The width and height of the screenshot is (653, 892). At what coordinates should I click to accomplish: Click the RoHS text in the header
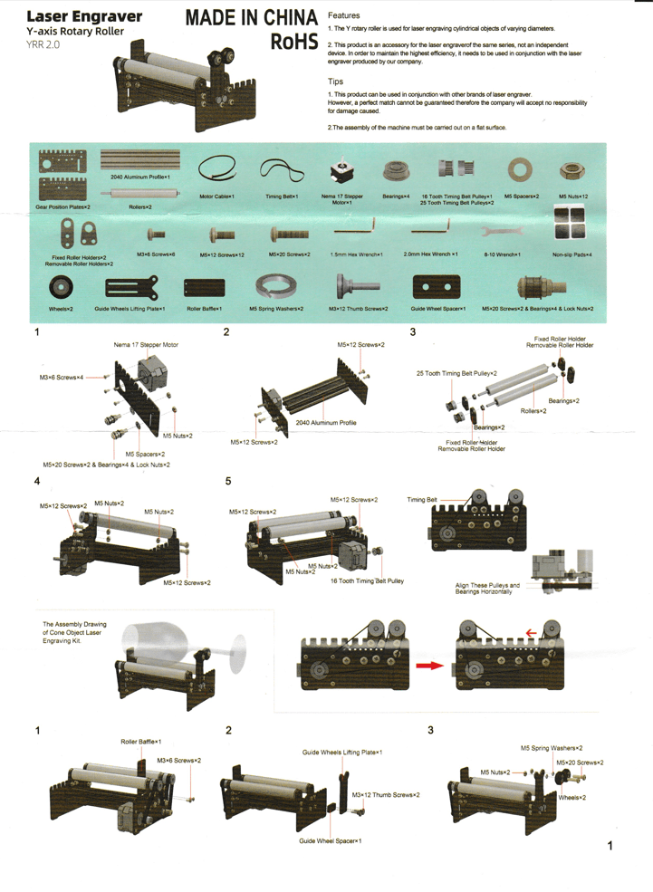click(x=293, y=41)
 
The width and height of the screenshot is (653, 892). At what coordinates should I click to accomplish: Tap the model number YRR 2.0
click(x=43, y=43)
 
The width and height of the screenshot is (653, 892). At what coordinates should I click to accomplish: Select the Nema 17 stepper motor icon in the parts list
click(x=341, y=171)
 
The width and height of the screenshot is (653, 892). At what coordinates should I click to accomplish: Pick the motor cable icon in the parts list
click(x=216, y=169)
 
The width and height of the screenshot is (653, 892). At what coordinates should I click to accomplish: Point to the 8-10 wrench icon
click(x=502, y=233)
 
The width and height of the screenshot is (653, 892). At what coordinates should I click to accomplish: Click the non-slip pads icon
click(x=570, y=224)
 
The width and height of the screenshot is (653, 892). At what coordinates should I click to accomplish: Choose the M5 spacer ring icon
click(x=520, y=169)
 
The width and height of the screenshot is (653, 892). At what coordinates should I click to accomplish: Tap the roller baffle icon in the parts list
click(x=204, y=288)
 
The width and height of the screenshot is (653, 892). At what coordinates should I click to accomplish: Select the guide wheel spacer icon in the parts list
click(x=437, y=287)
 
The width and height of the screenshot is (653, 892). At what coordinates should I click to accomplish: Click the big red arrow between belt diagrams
click(x=429, y=666)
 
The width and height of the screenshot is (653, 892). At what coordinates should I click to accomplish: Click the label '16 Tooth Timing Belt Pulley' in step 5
click(x=367, y=580)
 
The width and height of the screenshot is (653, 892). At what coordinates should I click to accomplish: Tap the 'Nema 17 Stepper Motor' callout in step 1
click(x=146, y=345)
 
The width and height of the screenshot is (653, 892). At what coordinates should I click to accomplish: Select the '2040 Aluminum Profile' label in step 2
click(x=326, y=423)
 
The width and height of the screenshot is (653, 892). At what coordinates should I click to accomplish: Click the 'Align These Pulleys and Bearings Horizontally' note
click(x=487, y=589)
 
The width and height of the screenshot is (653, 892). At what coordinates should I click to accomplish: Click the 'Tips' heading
click(x=336, y=82)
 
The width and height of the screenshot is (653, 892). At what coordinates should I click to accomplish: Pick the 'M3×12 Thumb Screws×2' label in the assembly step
click(x=386, y=795)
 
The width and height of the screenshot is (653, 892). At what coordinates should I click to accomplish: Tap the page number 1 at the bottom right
click(x=610, y=846)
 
